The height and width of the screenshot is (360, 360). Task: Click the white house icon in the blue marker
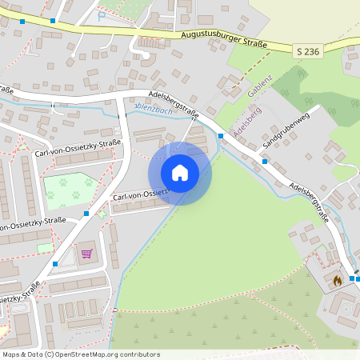pyautogui.click(x=180, y=173)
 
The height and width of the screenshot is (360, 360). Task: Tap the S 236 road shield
pyautogui.click(x=307, y=51)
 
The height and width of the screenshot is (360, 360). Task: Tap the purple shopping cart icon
pyautogui.click(x=86, y=254)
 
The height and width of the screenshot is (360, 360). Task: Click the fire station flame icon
pyautogui.click(x=337, y=280)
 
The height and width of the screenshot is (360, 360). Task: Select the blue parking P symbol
pyautogui.click(x=102, y=15)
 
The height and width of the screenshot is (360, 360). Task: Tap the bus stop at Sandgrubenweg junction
pyautogui.click(x=265, y=162)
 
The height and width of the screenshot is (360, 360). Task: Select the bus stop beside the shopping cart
pyautogui.click(x=55, y=263)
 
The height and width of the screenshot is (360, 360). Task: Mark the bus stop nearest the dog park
pyautogui.click(x=86, y=214)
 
